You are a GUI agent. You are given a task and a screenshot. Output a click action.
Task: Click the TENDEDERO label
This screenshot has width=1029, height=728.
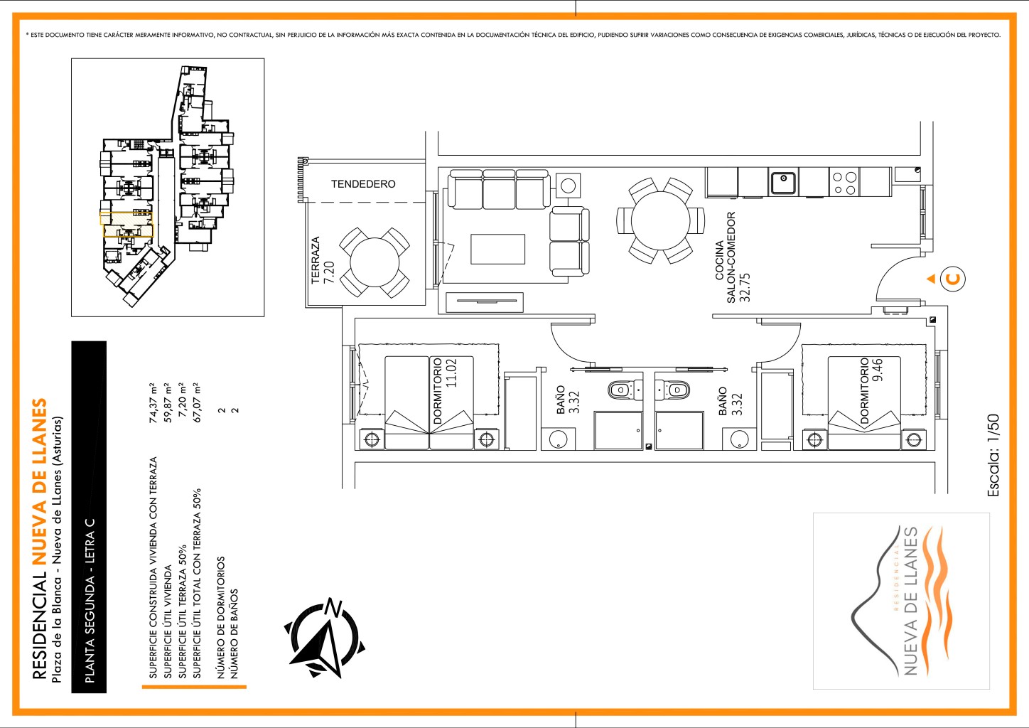coord(363,184)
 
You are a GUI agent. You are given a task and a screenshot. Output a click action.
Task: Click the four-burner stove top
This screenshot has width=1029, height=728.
coord(844,183)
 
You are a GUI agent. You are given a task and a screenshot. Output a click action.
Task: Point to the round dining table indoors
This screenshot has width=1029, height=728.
coord(661,220)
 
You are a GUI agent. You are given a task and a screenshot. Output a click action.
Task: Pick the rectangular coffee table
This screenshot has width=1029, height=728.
coord(497,249)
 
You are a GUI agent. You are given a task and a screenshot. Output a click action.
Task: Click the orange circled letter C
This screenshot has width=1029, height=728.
coord(953,279)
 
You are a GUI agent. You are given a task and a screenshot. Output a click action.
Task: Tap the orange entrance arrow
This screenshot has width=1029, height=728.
coord(931,279)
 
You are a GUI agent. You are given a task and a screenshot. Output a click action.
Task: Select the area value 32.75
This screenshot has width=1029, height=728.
coord(745,287)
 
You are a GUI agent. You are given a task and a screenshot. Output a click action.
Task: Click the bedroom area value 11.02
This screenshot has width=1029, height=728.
coord(451,373)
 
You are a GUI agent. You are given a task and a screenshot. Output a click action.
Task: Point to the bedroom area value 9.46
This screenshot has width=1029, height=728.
coord(878,370)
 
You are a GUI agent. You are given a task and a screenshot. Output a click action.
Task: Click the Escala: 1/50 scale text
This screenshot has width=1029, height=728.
coord(993,455)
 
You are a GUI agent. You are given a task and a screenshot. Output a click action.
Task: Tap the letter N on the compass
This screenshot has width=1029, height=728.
coord(334,608)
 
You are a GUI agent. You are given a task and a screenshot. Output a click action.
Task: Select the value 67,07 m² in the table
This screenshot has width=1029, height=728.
coord(197,402)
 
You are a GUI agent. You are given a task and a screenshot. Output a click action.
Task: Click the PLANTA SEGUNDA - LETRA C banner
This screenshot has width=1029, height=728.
coord(89,517)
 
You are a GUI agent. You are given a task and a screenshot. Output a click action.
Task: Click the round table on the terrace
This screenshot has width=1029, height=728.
coord(375,263)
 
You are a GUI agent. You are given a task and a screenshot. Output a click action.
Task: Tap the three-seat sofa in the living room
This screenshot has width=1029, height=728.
coord(499,189)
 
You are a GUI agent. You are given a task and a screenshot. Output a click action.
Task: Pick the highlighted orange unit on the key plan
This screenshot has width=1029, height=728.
coord(126,224)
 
